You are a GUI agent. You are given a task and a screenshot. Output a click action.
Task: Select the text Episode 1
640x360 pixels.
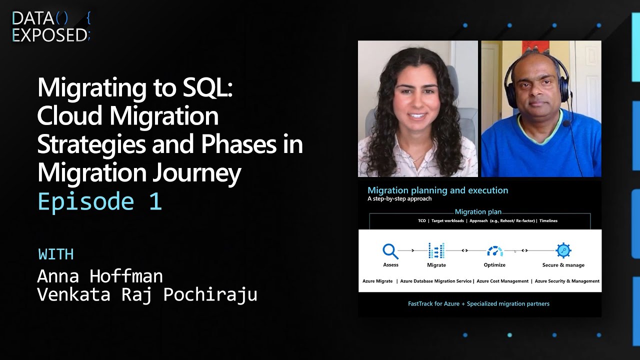click(x=99, y=201)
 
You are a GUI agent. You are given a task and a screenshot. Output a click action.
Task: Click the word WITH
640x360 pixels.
click(x=56, y=254)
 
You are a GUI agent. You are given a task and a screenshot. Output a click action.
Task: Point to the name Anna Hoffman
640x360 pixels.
click(x=100, y=275)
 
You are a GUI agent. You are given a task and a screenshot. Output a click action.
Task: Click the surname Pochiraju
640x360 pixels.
click(x=210, y=295)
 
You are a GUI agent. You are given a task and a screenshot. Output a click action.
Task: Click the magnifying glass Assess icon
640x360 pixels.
click(x=390, y=250)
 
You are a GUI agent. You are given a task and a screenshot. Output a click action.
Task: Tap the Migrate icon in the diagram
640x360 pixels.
click(x=436, y=250)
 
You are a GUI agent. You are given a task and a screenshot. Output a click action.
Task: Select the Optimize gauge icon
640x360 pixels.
click(x=494, y=251)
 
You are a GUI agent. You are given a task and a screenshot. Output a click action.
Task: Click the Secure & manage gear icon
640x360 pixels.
click(x=563, y=250)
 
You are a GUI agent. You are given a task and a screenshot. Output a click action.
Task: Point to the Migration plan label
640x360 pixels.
click(x=477, y=212)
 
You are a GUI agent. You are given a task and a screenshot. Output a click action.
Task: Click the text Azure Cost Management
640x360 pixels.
click(x=502, y=281)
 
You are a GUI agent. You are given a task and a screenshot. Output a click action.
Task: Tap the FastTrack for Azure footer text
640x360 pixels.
click(x=478, y=303)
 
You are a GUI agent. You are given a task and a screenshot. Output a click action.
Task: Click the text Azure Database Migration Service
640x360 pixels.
click(x=436, y=281)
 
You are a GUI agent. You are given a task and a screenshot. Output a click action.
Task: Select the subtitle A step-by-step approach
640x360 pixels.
click(x=399, y=198)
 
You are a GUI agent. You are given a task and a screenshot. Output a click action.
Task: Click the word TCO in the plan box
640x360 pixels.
click(x=422, y=220)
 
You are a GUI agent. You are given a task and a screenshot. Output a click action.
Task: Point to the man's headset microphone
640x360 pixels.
click(x=567, y=123)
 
